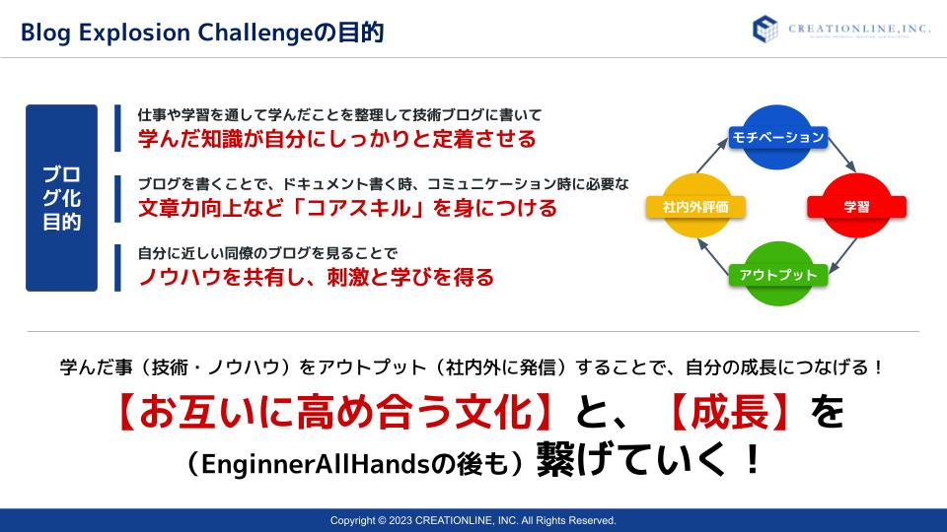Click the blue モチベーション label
click(778, 138)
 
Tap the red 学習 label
click(856, 207)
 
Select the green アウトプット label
click(778, 275)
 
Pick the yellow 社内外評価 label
click(695, 207)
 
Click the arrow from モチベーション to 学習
click(841, 155)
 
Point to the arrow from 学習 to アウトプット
click(842, 255)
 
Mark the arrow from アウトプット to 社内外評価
click(713, 257)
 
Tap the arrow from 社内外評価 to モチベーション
click(712, 156)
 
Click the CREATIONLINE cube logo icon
click(765, 29)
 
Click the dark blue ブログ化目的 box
click(61, 198)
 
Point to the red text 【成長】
click(730, 413)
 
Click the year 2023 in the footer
click(400, 520)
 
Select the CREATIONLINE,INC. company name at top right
click(859, 29)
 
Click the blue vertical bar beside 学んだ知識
click(117, 128)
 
